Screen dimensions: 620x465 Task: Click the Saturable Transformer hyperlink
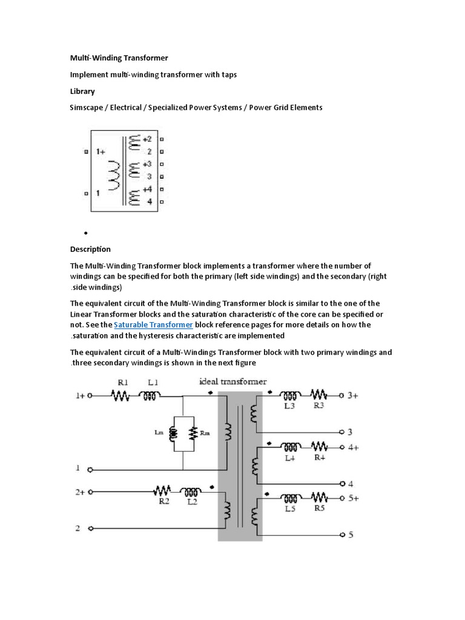pos(153,325)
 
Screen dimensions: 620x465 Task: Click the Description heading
pos(90,249)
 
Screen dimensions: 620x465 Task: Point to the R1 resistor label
pos(123,383)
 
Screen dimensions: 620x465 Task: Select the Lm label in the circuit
pos(158,432)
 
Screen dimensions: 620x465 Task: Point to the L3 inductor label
pos(290,406)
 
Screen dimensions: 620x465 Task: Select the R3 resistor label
pos(318,406)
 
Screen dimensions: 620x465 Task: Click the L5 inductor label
pos(290,510)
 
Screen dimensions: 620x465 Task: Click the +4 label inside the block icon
pos(147,190)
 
